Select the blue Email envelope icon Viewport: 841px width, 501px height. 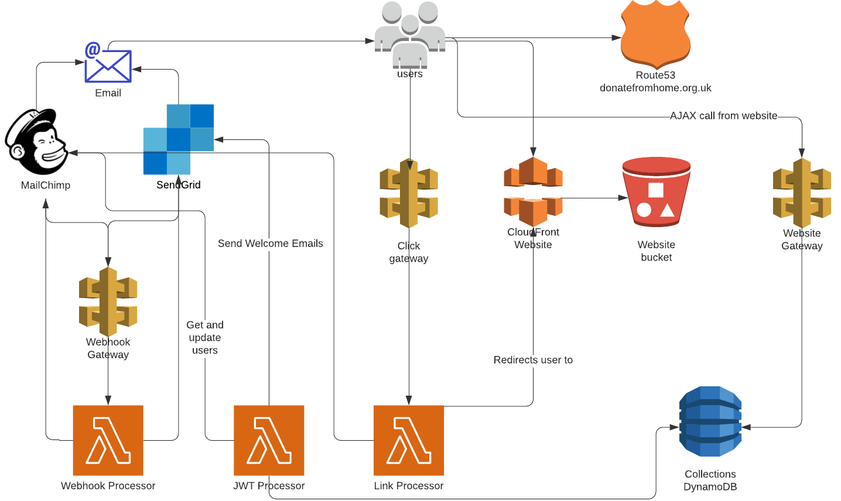click(108, 66)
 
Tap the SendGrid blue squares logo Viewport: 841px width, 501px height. click(179, 139)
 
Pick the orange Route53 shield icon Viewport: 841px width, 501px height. click(655, 34)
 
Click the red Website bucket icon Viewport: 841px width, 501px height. click(656, 192)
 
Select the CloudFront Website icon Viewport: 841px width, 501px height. click(533, 191)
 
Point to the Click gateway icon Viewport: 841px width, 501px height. click(409, 193)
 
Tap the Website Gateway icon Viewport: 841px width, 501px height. click(802, 193)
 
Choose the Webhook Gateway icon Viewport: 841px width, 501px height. click(108, 302)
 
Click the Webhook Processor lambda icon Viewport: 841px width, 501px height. click(108, 440)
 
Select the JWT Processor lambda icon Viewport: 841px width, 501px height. click(269, 440)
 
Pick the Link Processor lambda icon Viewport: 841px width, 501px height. click(409, 440)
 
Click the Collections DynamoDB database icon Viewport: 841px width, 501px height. click(710, 421)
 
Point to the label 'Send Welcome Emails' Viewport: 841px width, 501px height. click(270, 243)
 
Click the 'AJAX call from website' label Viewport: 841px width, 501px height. click(723, 116)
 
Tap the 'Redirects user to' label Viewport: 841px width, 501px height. click(533, 360)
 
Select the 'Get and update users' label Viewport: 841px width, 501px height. click(205, 338)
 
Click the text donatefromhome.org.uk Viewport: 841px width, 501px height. click(655, 88)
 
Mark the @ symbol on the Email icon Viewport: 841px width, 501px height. click(93, 50)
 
